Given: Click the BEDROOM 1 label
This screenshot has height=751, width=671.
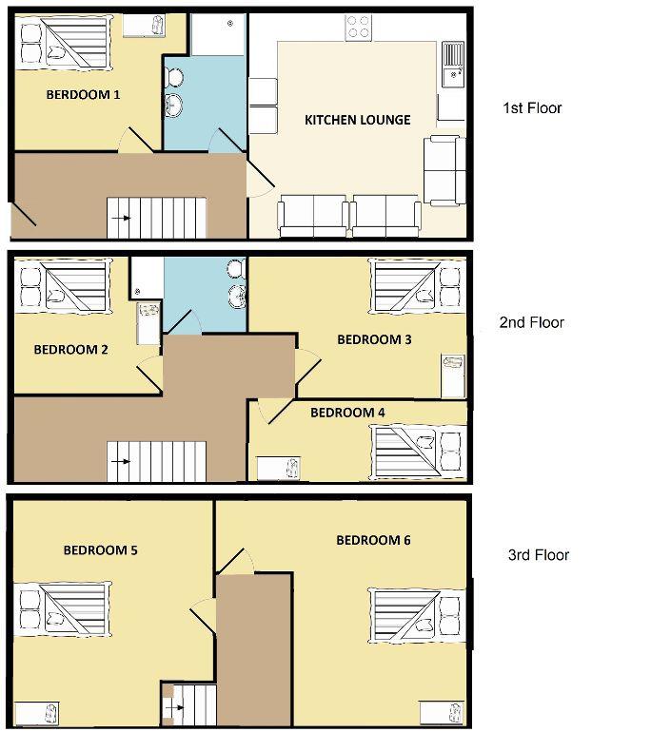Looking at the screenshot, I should [x=83, y=95].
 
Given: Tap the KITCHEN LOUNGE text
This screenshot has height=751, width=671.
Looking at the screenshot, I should [x=357, y=120].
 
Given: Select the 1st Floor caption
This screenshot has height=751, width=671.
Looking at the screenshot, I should [x=532, y=108].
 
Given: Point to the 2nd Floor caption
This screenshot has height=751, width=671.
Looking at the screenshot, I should [x=532, y=323].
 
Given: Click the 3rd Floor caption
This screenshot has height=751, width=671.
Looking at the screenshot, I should [x=538, y=555].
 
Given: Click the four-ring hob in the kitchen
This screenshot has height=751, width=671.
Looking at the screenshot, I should [x=358, y=28].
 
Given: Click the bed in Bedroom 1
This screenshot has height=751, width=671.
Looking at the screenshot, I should [x=63, y=43].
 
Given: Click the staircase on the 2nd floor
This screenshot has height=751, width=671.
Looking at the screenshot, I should [x=155, y=461].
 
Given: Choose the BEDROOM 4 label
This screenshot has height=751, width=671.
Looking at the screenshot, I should [x=347, y=413].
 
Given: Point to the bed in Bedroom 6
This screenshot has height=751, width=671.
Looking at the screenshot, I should [x=416, y=613].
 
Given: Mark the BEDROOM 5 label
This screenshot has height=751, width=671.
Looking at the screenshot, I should [x=101, y=549].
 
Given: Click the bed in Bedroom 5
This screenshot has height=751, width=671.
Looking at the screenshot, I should [x=63, y=609].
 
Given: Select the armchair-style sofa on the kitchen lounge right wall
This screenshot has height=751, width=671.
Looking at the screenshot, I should [x=444, y=171].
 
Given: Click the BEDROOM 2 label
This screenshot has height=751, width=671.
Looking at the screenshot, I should [x=70, y=349].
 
